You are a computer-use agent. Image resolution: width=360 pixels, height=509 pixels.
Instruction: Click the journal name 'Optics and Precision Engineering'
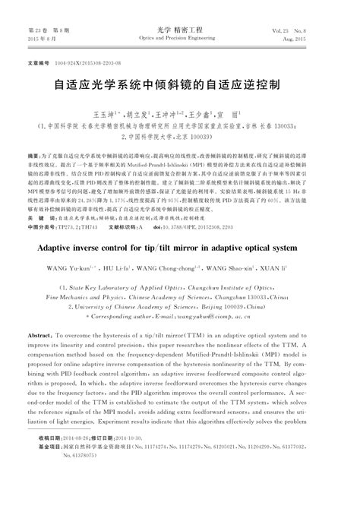click(x=179, y=36)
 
